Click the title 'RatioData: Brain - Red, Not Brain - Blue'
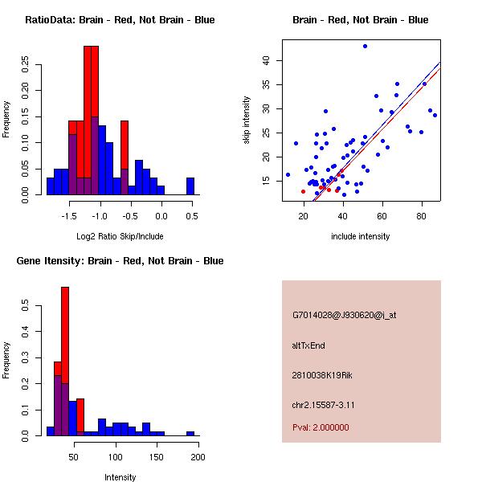click(120, 20)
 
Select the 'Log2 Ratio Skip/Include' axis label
click(120, 237)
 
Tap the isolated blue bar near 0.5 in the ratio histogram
click(190, 186)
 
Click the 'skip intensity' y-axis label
click(247, 120)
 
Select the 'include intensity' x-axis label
click(361, 237)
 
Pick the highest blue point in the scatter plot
click(365, 47)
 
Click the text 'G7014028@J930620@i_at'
click(345, 315)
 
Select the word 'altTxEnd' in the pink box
click(308, 345)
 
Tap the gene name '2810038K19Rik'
click(322, 375)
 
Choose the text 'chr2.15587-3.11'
click(324, 404)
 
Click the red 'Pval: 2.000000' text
click(321, 427)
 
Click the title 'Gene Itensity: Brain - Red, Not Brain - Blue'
click(120, 261)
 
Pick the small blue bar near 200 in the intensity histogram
click(190, 433)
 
